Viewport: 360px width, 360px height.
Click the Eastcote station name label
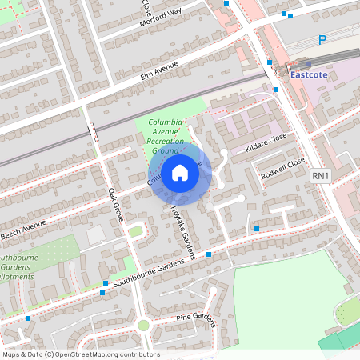tap(310, 75)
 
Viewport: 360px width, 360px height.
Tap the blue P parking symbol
tap(322, 39)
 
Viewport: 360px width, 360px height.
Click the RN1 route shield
tap(321, 175)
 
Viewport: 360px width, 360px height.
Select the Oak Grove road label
tap(117, 205)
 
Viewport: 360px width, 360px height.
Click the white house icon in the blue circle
tap(180, 172)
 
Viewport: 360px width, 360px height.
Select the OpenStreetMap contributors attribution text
tap(81, 354)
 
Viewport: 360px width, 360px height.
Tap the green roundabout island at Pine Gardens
tap(143, 325)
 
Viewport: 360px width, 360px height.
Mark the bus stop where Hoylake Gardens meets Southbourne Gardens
tap(209, 254)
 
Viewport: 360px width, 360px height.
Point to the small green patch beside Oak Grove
tap(135, 231)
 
